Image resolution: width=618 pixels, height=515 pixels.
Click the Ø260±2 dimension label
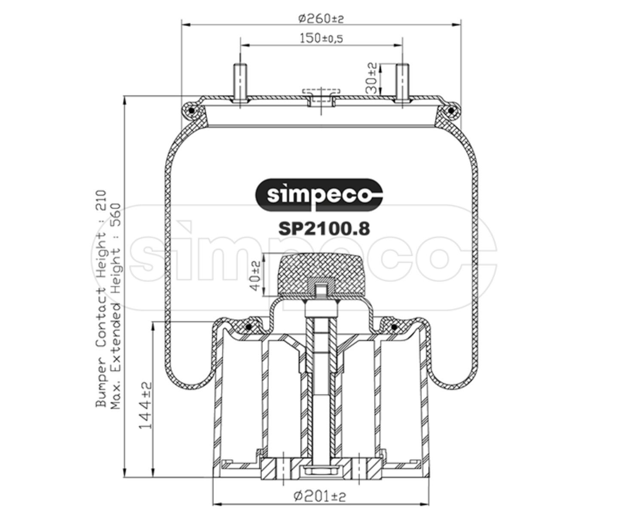[321, 18]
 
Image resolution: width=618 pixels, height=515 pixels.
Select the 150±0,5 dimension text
[321, 38]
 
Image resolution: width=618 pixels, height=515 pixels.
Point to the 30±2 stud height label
[372, 78]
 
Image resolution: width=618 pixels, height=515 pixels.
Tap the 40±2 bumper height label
[256, 275]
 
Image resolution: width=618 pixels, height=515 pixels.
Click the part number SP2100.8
[324, 228]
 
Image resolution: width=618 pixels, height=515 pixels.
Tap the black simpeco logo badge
[318, 195]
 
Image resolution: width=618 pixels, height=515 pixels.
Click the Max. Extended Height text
[116, 306]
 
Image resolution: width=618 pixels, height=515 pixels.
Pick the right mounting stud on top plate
[402, 82]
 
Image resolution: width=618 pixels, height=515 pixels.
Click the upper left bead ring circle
[191, 111]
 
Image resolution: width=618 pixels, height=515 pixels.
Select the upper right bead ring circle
[451, 111]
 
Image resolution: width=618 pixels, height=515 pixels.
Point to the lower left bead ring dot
[248, 328]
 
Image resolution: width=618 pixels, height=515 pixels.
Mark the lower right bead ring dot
[394, 328]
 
